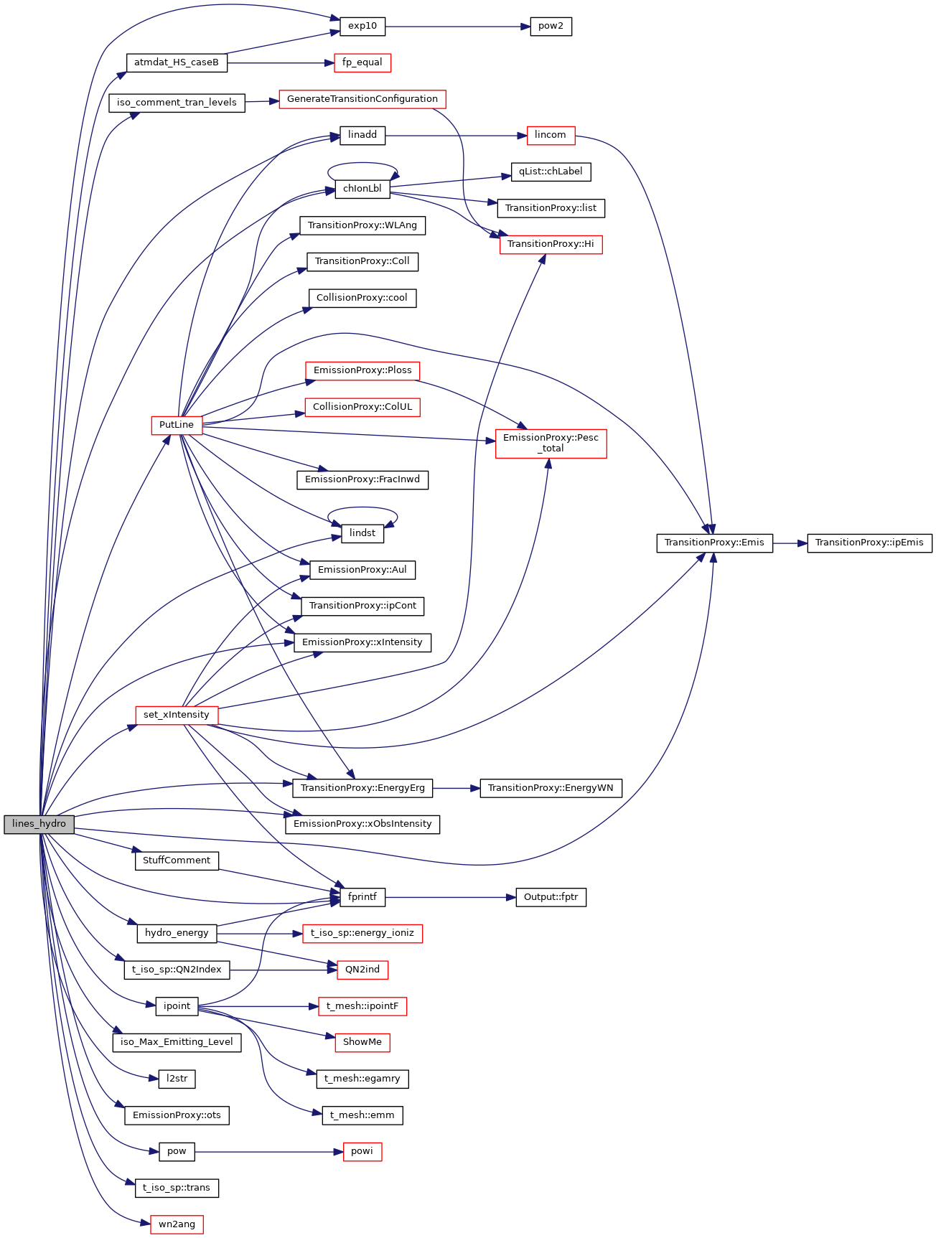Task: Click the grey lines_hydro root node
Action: (39, 824)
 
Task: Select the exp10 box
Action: (362, 27)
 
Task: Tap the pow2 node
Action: (551, 27)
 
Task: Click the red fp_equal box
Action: (362, 62)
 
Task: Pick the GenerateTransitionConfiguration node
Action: (362, 99)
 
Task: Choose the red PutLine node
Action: (177, 425)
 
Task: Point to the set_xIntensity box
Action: (177, 715)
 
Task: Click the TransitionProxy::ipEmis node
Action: (869, 543)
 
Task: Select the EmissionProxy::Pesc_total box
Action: (551, 443)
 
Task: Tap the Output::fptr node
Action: (551, 897)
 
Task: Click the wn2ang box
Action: (177, 1224)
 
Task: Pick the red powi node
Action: (362, 1151)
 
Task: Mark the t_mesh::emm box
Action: (362, 1115)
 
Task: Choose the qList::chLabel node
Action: (551, 172)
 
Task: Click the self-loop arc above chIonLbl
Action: (362, 164)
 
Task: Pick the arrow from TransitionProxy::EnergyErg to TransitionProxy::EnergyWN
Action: (457, 788)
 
